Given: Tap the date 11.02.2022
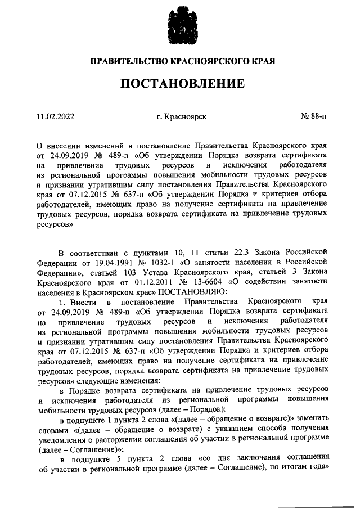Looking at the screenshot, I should click(55, 116).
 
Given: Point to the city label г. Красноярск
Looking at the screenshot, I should click(182, 116).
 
